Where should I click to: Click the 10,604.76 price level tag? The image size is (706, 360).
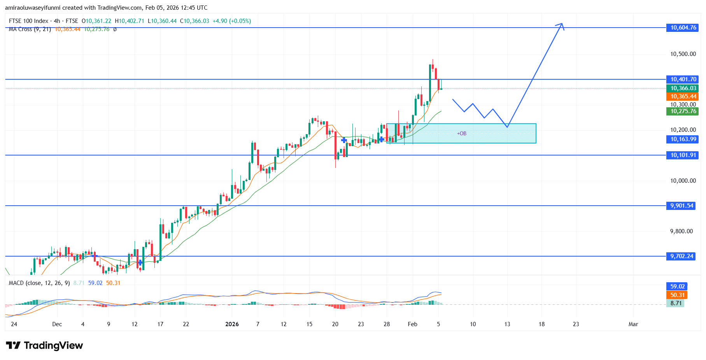coord(683,28)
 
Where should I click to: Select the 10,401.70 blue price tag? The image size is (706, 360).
coord(683,79)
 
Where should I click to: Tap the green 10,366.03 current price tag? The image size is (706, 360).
coord(683,88)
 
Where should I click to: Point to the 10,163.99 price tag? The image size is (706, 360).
coord(683,139)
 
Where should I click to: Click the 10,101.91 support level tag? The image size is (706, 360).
coord(683,155)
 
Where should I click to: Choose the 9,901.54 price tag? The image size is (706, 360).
coord(681,206)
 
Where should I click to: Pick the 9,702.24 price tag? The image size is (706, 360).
coord(681,256)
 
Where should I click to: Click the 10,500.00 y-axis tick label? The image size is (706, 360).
coord(683,54)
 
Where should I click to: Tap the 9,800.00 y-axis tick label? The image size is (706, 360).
coord(681,231)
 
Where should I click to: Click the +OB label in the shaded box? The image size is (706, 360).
coord(461,133)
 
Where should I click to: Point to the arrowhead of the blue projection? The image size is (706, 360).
coord(561,25)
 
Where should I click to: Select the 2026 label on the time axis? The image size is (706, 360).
coord(232,324)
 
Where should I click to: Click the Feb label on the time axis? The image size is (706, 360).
coord(412,324)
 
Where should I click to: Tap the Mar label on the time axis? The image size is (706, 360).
coord(633,324)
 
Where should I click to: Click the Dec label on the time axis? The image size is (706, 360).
coord(57,324)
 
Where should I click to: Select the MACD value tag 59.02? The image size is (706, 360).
coord(677,287)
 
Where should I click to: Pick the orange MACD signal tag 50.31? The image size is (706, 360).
coord(677,295)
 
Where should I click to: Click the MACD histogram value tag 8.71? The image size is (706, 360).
coord(676,303)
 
